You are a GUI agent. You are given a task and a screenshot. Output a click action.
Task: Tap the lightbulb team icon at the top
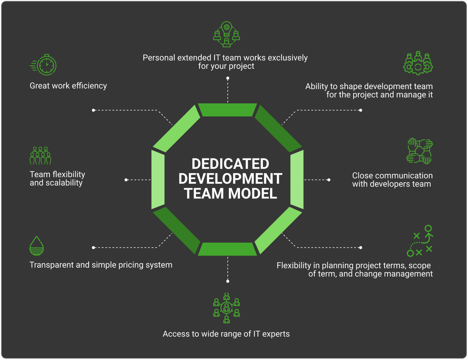(x=226, y=34)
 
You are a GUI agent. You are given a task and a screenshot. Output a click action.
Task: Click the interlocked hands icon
(x=420, y=151)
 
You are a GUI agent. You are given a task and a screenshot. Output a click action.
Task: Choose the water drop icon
(x=36, y=246)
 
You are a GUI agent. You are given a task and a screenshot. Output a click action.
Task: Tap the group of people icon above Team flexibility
(x=40, y=156)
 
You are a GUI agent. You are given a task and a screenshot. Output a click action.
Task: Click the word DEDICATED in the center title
(x=230, y=164)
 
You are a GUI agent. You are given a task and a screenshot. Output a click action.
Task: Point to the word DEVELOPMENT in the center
(x=230, y=179)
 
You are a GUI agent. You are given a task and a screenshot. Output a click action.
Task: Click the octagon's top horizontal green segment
(x=228, y=110)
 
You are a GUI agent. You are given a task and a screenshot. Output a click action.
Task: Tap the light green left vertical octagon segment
(x=158, y=179)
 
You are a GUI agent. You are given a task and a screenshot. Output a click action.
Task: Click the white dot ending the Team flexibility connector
(x=126, y=180)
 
